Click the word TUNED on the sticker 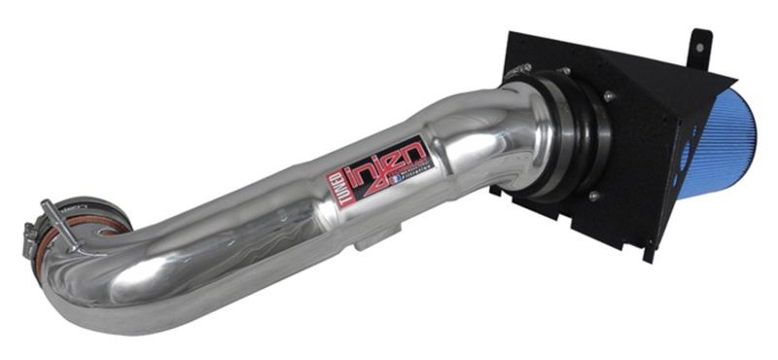(x=336, y=179)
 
